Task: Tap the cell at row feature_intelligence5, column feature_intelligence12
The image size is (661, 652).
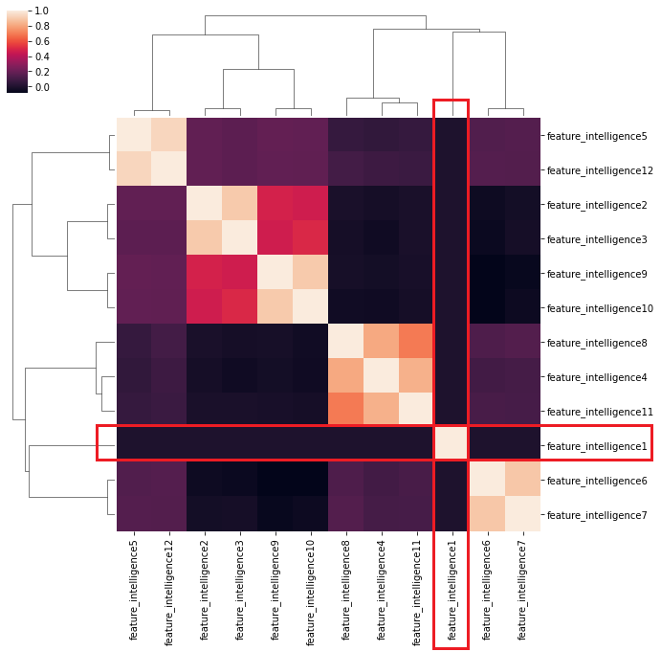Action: (x=169, y=136)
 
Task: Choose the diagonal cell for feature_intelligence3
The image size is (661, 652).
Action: (x=239, y=239)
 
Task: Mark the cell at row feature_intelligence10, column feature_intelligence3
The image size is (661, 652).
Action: (x=239, y=307)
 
